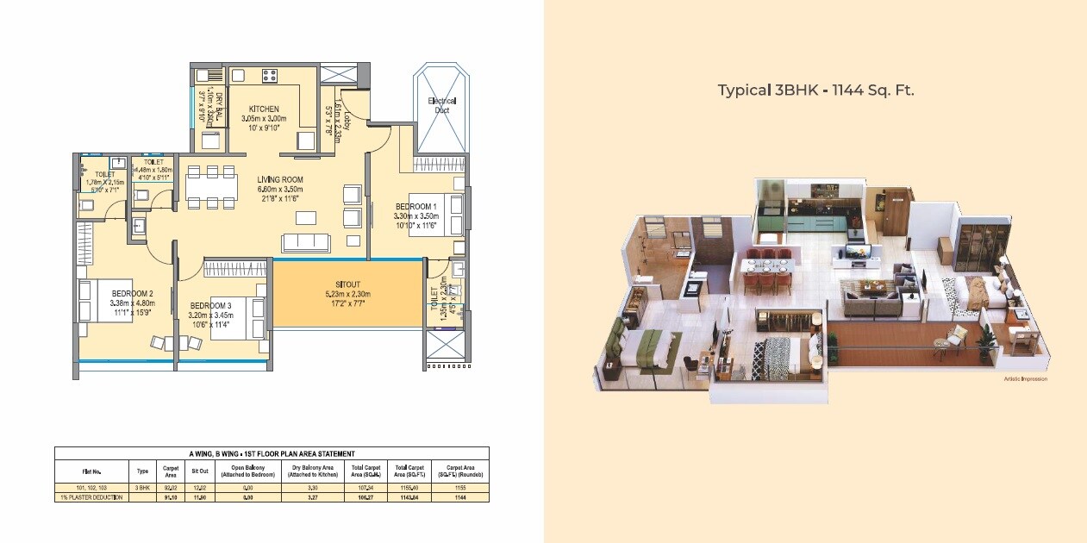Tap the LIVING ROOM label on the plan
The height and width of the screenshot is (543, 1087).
coord(280,180)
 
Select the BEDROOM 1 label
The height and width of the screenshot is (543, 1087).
coord(416,207)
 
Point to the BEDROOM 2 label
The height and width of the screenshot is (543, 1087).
coord(132,293)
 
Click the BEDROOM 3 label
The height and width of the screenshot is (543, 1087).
coord(211,306)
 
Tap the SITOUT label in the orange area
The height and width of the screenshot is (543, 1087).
coord(349,284)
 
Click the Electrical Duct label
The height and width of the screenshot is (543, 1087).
coord(442,105)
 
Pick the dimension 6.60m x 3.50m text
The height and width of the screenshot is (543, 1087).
coord(280,190)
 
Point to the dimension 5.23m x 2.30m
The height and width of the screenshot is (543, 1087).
coord(349,294)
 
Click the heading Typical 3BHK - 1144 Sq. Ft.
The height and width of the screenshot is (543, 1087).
coord(815,90)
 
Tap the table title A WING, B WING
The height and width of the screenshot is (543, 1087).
coord(272,453)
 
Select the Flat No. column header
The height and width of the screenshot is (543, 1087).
coord(91,471)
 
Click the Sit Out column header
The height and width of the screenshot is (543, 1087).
coord(199,471)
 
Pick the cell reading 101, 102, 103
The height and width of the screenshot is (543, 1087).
coord(91,488)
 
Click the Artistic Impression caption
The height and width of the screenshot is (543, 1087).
coord(1025,379)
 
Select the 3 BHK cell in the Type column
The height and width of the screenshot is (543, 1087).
coord(142,488)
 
